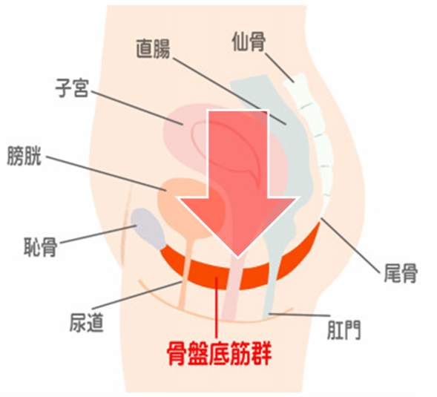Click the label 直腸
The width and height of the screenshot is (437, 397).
point(153,49)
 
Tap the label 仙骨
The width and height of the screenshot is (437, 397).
point(249,42)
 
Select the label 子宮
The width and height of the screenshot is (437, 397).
point(72,88)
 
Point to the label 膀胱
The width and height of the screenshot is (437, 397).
point(24,156)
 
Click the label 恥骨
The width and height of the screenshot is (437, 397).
point(41,246)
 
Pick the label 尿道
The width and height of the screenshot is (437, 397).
point(86,323)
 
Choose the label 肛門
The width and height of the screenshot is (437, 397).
point(344,329)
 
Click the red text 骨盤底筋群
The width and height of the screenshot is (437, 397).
point(220,353)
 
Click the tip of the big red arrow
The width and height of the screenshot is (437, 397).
point(237,257)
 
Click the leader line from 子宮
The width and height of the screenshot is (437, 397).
point(137,108)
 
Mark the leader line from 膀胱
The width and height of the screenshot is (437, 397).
point(106,174)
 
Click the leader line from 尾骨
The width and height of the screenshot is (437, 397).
point(350,246)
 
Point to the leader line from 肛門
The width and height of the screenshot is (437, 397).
point(299,315)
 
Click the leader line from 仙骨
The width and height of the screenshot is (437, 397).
point(279,68)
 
